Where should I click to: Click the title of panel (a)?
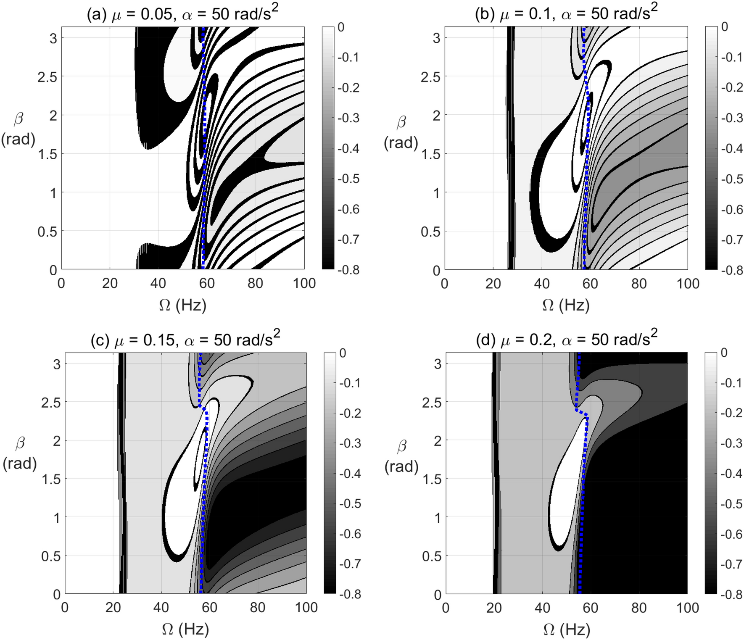coord(182,14)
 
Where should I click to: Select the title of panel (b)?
coord(566,14)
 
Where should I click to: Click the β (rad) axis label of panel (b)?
coord(401,132)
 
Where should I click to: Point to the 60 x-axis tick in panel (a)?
coord(207,283)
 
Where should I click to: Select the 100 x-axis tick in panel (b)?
coord(688,284)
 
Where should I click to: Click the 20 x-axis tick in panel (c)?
coord(113,608)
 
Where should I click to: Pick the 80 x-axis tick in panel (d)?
coord(639,608)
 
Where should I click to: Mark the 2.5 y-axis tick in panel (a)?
coord(47,77)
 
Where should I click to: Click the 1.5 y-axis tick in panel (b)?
coord(430,154)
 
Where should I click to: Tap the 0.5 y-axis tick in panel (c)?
coord(50,556)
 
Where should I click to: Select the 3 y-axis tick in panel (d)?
coord(438,364)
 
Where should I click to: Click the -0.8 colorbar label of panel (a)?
coord(348,270)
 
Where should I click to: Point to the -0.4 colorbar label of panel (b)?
coord(732,148)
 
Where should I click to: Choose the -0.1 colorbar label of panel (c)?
coord(350,383)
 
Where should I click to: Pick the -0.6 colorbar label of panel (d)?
coord(731,534)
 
